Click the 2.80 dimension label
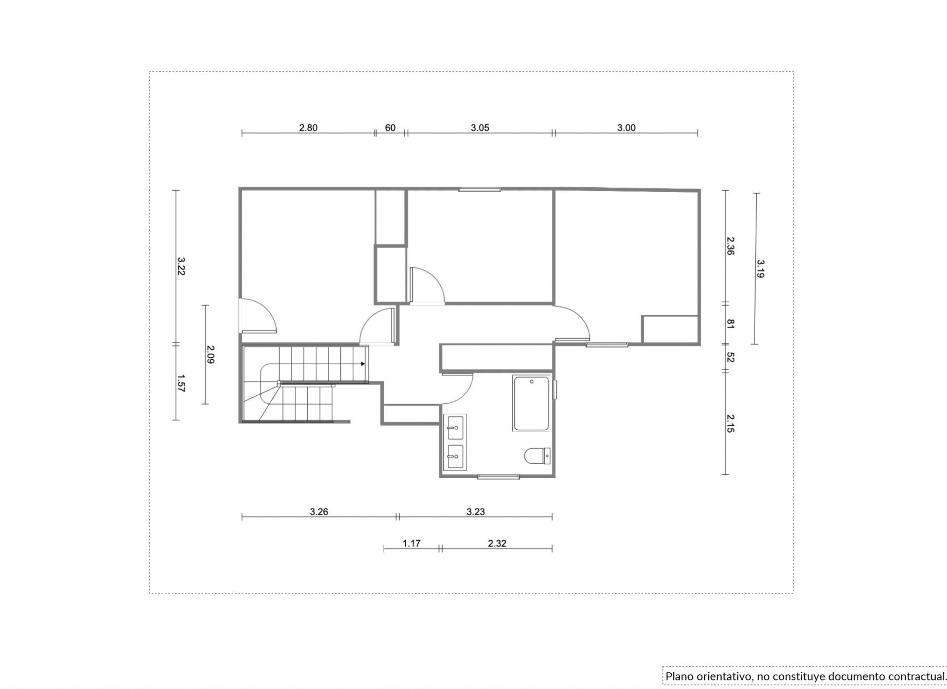click(308, 128)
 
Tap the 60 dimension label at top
click(390, 128)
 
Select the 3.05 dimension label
click(480, 128)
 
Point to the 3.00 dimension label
click(626, 128)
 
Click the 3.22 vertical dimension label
click(181, 266)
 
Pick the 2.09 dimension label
click(211, 354)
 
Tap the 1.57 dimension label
click(181, 383)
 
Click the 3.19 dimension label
click(760, 269)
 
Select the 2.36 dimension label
click(730, 246)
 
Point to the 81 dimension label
click(730, 324)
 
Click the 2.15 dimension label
click(730, 423)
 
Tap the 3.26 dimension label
click(319, 512)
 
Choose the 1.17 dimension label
click(411, 543)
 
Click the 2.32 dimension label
click(497, 543)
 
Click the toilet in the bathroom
click(538, 456)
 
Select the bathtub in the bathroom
click(531, 403)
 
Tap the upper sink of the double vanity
click(455, 428)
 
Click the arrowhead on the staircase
click(363, 364)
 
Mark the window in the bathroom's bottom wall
click(499, 477)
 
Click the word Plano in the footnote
click(679, 676)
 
